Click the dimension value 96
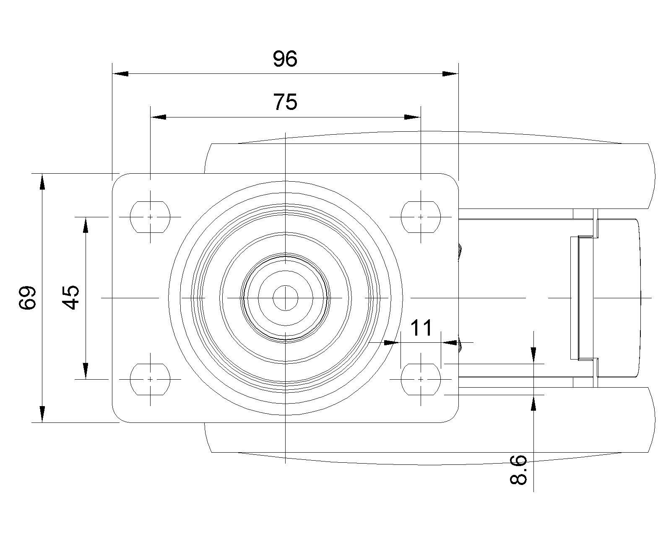pos(285,59)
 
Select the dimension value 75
pos(285,102)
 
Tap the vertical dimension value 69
pos(28,298)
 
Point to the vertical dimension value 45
pos(71,297)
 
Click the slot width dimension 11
pos(421,328)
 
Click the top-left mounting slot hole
pos(151,217)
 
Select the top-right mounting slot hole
pos(421,217)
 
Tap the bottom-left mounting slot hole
pos(151,379)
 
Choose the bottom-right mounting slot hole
pos(421,379)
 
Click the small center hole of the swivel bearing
pos(285,298)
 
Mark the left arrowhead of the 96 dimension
pos(120,74)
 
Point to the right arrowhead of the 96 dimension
pos(450,74)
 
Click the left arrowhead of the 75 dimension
pos(159,117)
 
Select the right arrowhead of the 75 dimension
pos(412,117)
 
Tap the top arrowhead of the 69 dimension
pos(42,181)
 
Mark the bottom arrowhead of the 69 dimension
pos(42,414)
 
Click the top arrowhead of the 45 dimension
pos(86,225)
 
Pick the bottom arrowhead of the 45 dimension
pos(86,370)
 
